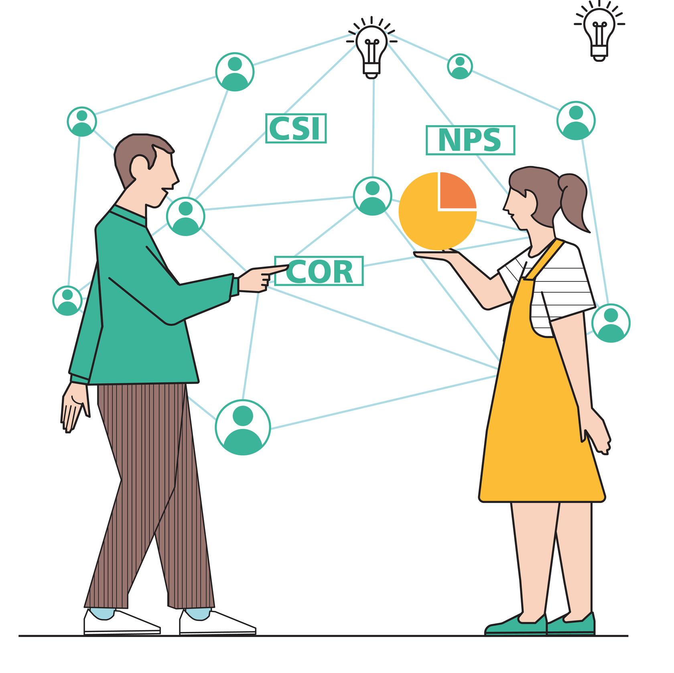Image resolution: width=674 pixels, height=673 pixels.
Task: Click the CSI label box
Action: click(296, 128)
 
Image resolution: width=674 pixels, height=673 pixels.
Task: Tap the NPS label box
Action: click(470, 140)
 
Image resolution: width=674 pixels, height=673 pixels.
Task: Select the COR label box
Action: click(319, 271)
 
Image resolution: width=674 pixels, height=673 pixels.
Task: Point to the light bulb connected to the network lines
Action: click(372, 48)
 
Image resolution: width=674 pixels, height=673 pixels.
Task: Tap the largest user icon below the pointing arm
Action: click(243, 427)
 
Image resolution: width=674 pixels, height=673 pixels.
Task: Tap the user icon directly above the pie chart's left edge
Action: click(372, 196)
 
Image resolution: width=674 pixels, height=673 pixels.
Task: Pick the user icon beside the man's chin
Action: click(185, 216)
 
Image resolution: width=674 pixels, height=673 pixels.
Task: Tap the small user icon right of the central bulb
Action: click(460, 66)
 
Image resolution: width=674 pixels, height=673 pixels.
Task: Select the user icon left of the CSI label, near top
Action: click(235, 72)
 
